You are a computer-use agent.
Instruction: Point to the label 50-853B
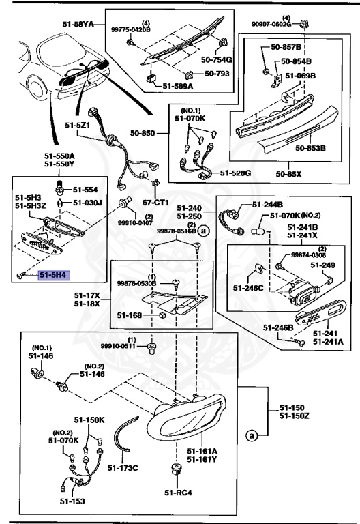[x=310, y=147]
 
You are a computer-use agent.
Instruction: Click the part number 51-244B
[x=267, y=204]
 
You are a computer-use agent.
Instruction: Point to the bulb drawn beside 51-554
[x=61, y=190]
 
